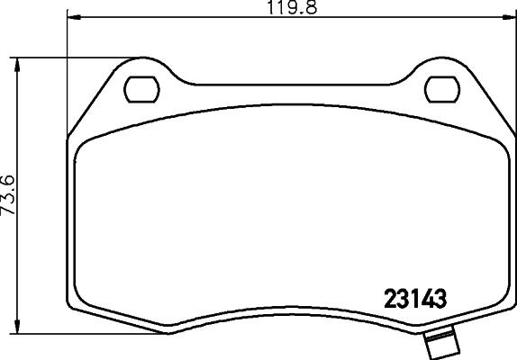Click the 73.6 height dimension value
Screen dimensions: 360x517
pyautogui.click(x=9, y=193)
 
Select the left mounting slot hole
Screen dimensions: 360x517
pyautogui.click(x=140, y=89)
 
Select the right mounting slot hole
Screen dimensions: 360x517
pyautogui.click(x=440, y=89)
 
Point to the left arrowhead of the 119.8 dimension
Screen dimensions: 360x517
pyautogui.click(x=72, y=18)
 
